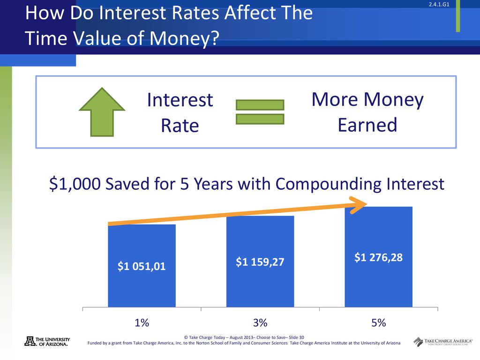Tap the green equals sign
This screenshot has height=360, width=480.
260,112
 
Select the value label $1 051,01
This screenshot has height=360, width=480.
142,266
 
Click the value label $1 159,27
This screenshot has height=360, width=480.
260,262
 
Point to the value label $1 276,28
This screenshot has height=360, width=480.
378,257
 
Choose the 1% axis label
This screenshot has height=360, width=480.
142,322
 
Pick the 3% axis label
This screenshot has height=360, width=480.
260,322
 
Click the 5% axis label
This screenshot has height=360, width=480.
379,322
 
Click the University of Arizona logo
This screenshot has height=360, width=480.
47,341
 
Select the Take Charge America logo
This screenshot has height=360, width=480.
442,342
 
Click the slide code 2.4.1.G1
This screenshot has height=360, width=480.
439,5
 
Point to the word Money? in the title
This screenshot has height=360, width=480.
185,38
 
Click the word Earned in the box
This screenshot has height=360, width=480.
367,125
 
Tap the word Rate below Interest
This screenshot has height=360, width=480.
180,126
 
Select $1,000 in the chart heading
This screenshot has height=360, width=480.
75,184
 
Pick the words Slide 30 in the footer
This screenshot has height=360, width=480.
296,337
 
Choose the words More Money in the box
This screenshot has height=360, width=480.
367,100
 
